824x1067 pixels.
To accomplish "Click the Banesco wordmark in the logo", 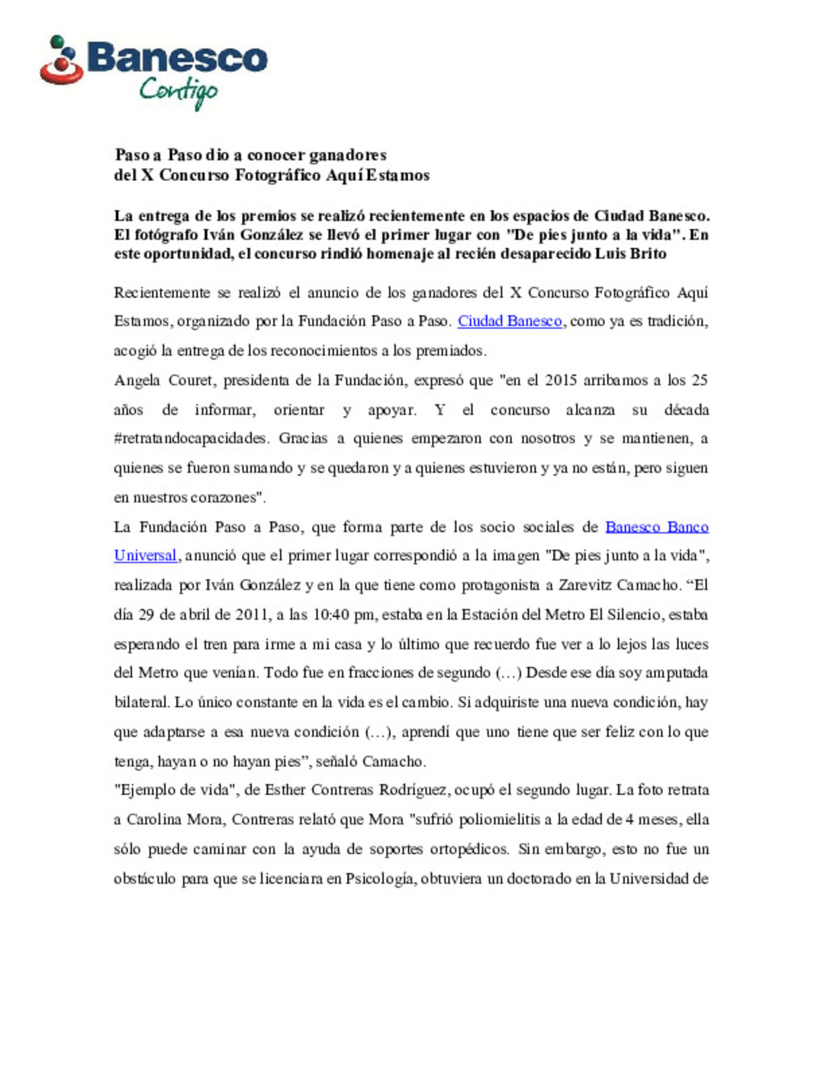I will [x=177, y=58].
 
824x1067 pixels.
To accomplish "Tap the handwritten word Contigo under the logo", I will [x=179, y=92].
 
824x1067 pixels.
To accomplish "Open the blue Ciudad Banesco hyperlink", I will [x=510, y=321].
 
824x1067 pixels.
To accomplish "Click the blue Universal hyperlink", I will [x=145, y=556].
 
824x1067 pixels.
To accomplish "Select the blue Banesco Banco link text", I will [x=656, y=527].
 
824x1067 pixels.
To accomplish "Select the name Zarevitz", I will [x=585, y=585].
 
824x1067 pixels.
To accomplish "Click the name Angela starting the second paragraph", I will [x=137, y=380].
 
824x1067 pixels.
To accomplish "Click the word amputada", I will [x=677, y=673].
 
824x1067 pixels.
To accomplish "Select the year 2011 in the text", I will [x=252, y=614].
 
